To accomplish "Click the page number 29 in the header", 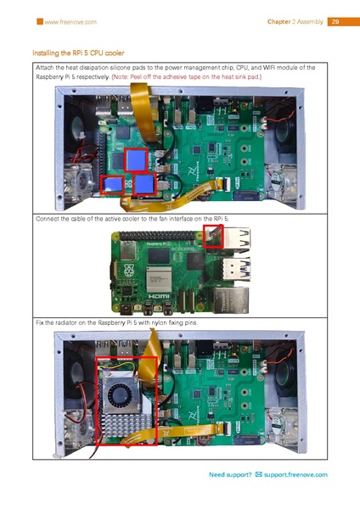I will click(x=335, y=21).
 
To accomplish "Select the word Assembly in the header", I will click(x=307, y=21).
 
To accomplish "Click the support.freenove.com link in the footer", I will click(x=297, y=475).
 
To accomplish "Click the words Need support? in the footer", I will click(x=230, y=475).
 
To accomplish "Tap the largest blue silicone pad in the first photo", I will click(x=137, y=159).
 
